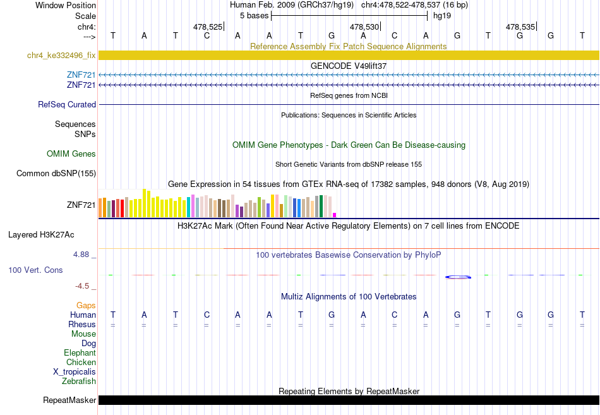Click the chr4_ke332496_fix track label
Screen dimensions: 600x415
(x=61, y=55)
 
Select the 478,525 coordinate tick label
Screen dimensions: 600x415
(x=207, y=27)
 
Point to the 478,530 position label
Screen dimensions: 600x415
(x=364, y=27)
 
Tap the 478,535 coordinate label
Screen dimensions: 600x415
(x=520, y=27)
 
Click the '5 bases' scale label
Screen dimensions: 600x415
(x=254, y=16)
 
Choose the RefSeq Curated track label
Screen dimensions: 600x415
(x=67, y=104)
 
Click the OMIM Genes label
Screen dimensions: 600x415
(x=71, y=153)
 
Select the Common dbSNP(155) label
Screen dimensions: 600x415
(x=56, y=174)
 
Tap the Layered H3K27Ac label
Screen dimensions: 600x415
(x=41, y=235)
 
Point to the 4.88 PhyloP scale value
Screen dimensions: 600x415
(x=81, y=255)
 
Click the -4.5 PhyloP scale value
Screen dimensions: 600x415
(x=82, y=286)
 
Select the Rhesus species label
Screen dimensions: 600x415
(x=82, y=324)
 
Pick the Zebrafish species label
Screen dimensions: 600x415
(x=79, y=381)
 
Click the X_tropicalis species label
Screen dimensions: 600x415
(x=75, y=372)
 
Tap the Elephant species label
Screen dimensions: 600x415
(x=80, y=352)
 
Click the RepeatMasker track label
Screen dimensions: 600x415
(x=69, y=400)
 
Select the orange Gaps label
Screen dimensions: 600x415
(x=86, y=305)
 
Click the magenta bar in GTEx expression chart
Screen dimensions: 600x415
(x=335, y=215)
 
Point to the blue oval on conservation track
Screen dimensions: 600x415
(x=458, y=277)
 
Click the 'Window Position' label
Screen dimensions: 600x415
(x=66, y=5)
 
